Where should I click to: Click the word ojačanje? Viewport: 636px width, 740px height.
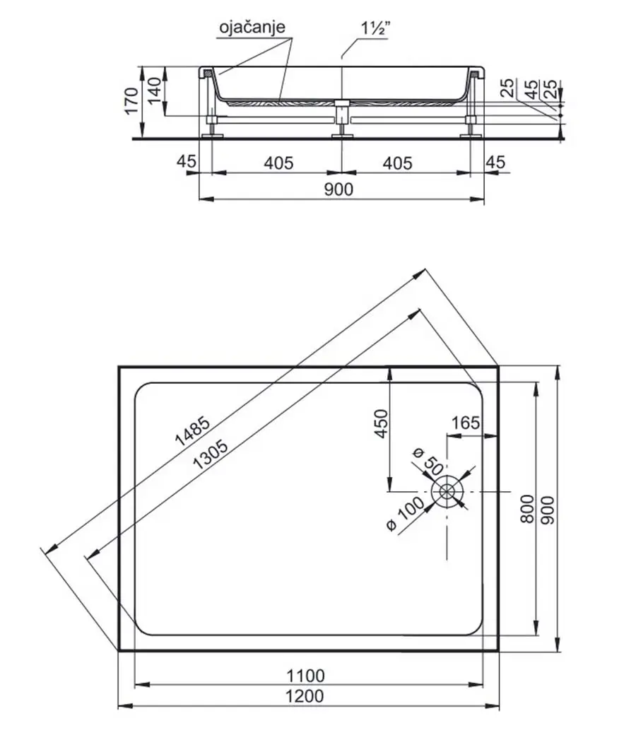[252, 26]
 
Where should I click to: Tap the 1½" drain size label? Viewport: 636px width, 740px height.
[375, 28]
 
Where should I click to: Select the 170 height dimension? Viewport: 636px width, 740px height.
[131, 100]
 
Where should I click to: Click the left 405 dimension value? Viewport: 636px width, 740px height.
[278, 163]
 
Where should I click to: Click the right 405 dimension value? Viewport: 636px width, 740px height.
[397, 163]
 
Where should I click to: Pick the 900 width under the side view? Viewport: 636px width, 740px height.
[338, 189]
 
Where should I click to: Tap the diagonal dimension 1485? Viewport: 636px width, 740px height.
[192, 430]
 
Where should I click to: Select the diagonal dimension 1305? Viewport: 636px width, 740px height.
[211, 454]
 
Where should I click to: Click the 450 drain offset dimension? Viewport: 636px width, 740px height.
[381, 423]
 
